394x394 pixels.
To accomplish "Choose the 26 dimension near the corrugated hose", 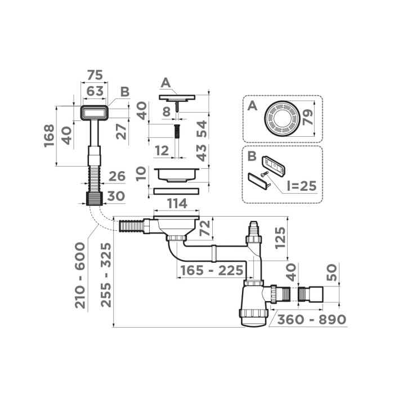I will pyautogui.click(x=117, y=177).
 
